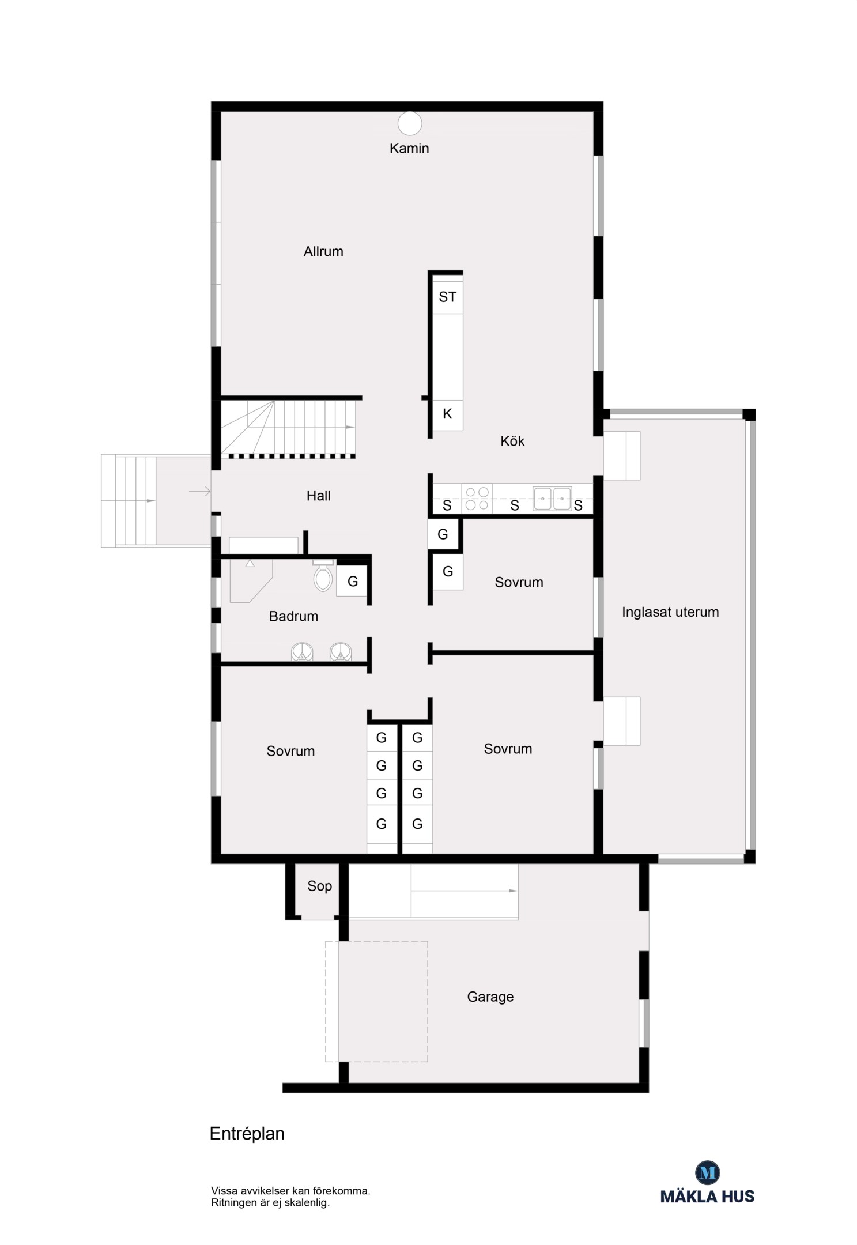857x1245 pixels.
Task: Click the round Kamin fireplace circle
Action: pos(410,123)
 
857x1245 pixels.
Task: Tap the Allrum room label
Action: pos(323,251)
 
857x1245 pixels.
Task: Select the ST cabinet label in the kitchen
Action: pos(447,297)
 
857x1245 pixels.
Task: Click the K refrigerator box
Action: pos(448,414)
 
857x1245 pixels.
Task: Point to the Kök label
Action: pos(512,441)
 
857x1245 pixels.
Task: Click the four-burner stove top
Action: pos(477,498)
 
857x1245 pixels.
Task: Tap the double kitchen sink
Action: pos(552,499)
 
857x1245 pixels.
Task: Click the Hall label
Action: pos(318,496)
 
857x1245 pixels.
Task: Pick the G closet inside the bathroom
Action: pos(352,581)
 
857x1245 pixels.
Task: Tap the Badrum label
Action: pos(293,616)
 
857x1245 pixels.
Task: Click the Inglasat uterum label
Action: pos(670,612)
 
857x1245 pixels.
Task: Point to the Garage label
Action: pos(490,997)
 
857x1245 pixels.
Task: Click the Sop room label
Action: pos(319,886)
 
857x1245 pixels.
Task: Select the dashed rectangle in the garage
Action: pos(376,1001)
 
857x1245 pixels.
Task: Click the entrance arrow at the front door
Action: pos(199,491)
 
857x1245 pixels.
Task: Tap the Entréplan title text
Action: pos(247,1134)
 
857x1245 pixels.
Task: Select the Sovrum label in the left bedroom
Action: pos(290,751)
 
